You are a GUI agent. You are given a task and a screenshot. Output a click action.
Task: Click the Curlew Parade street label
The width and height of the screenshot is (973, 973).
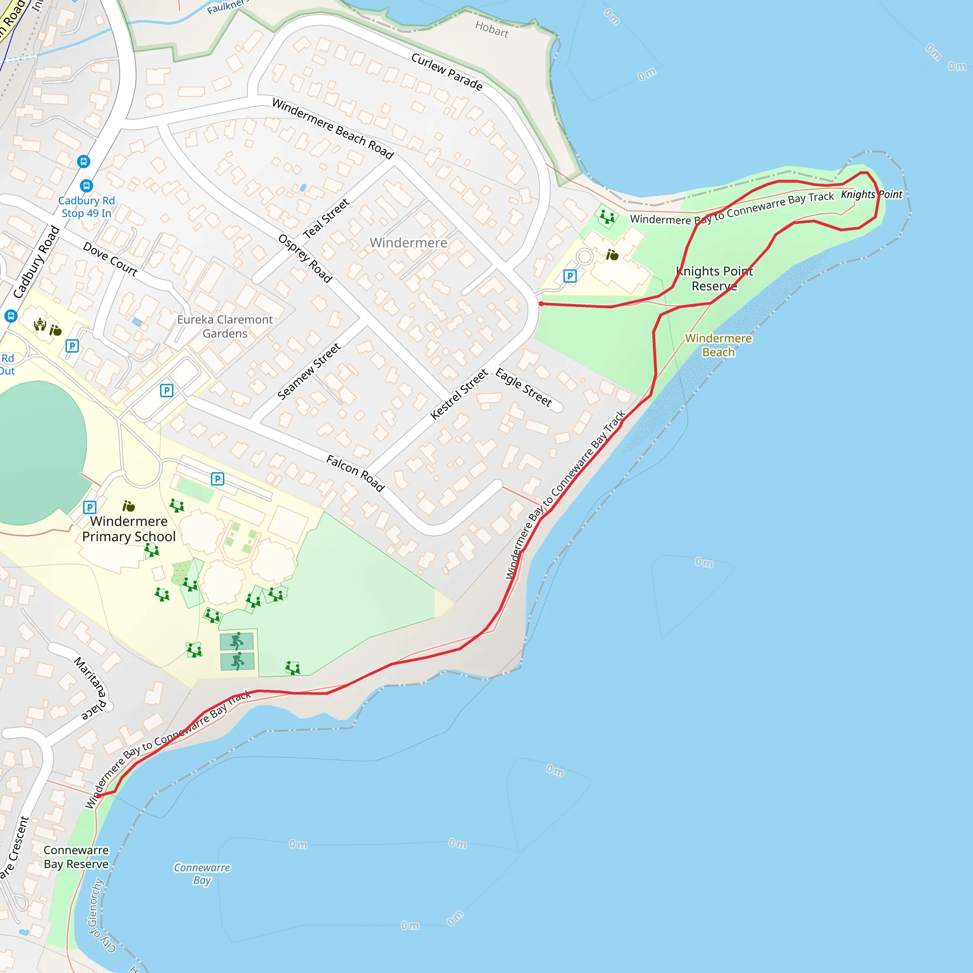tap(447, 72)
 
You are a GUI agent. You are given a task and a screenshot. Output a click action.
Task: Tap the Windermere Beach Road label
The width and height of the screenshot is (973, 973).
tap(333, 128)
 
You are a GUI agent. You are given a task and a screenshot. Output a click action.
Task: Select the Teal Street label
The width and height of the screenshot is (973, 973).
tap(326, 218)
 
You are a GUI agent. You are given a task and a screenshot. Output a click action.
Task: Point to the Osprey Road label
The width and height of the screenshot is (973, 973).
tap(305, 258)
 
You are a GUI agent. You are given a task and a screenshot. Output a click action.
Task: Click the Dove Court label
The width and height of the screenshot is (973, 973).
tap(110, 259)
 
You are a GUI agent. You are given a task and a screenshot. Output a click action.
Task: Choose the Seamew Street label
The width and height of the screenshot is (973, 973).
tap(309, 371)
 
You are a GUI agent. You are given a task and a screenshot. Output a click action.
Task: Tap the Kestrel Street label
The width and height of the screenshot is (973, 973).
tap(459, 394)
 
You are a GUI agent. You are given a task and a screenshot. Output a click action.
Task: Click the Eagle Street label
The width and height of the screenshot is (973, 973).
tap(524, 387)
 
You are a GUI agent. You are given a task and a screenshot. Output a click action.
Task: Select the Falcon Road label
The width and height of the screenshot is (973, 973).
tap(355, 473)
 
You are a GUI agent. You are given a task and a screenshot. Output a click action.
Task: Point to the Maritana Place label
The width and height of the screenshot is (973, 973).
tap(91, 688)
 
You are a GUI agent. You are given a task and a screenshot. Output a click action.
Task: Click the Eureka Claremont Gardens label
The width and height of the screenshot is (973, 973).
tap(225, 326)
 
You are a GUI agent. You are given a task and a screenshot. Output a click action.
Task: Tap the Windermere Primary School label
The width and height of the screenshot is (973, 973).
tap(129, 529)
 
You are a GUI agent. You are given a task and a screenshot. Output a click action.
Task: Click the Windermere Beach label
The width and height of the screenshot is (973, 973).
tap(718, 345)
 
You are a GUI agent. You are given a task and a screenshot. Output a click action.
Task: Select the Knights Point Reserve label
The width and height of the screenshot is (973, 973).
tap(714, 278)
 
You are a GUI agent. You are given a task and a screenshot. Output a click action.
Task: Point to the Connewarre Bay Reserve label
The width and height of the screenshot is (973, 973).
tap(76, 857)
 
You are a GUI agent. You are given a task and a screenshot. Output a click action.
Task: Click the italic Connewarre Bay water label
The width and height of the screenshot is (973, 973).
tap(202, 874)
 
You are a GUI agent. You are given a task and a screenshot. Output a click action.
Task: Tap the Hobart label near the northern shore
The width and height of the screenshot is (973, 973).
tap(492, 30)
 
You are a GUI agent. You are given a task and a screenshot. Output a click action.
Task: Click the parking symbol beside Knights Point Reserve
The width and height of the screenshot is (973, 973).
tap(570, 276)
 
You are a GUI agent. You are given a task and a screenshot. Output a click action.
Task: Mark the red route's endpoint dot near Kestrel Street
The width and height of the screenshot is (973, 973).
tap(541, 304)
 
